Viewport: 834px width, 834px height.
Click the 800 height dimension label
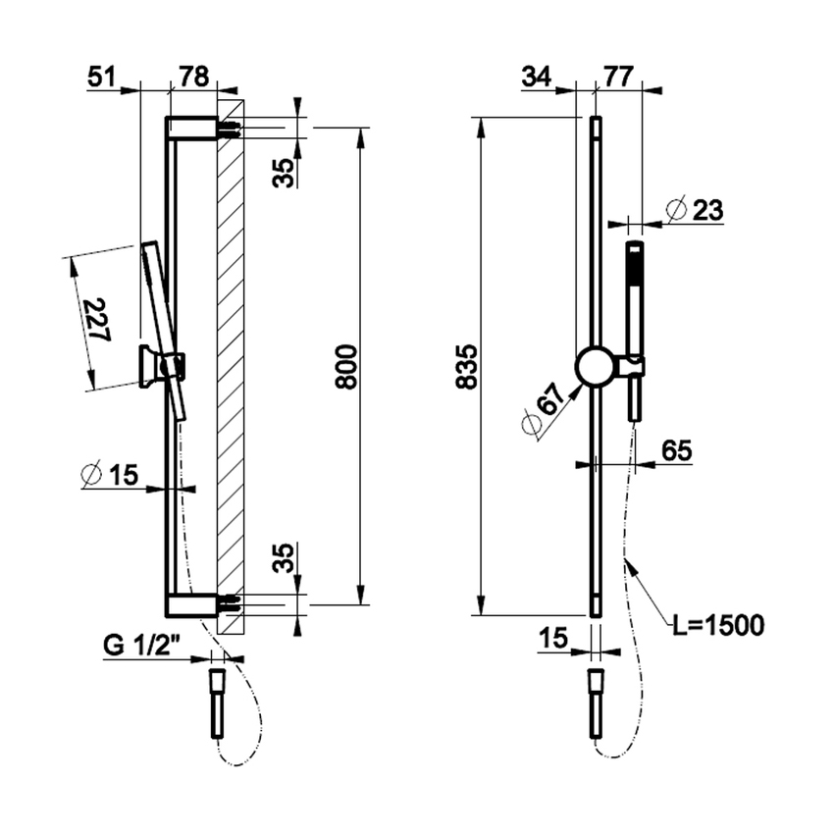pos(346,366)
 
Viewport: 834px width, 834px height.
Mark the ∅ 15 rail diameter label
pos(110,475)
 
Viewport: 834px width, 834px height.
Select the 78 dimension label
pos(191,78)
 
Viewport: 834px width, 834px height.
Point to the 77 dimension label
pos(617,78)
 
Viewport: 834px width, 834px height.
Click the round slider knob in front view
pos(595,366)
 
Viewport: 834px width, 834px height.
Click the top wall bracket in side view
pos(194,129)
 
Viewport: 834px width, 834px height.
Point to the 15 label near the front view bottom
pos(553,640)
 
